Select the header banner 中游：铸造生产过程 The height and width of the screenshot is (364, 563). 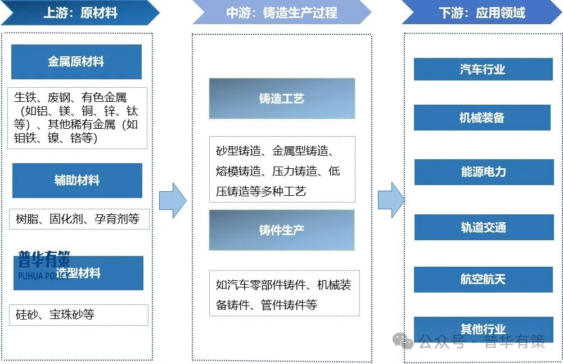pos(281,12)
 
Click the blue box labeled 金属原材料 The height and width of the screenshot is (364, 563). pos(76,62)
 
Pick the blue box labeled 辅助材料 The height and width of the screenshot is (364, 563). pos(77,181)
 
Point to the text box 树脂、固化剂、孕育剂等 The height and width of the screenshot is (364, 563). pos(78,219)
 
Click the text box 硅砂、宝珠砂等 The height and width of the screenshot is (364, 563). pos(78,314)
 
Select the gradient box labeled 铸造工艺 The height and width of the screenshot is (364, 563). pos(282,98)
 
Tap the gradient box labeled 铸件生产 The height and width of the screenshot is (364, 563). pos(282,230)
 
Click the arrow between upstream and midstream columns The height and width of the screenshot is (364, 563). pos(172,200)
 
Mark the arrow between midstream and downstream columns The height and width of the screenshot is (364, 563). pos(390,200)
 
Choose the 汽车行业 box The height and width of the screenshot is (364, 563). pos(483,69)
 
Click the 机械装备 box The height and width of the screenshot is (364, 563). pos(482,118)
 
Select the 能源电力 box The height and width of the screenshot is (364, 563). pos(483,172)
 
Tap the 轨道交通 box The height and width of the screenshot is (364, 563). pos(483,227)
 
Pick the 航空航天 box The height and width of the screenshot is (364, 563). pos(483,279)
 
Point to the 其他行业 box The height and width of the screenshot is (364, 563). pos(483,328)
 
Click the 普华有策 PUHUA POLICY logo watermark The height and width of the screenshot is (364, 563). pos(44,264)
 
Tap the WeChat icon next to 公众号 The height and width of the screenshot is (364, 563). pos(403,341)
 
